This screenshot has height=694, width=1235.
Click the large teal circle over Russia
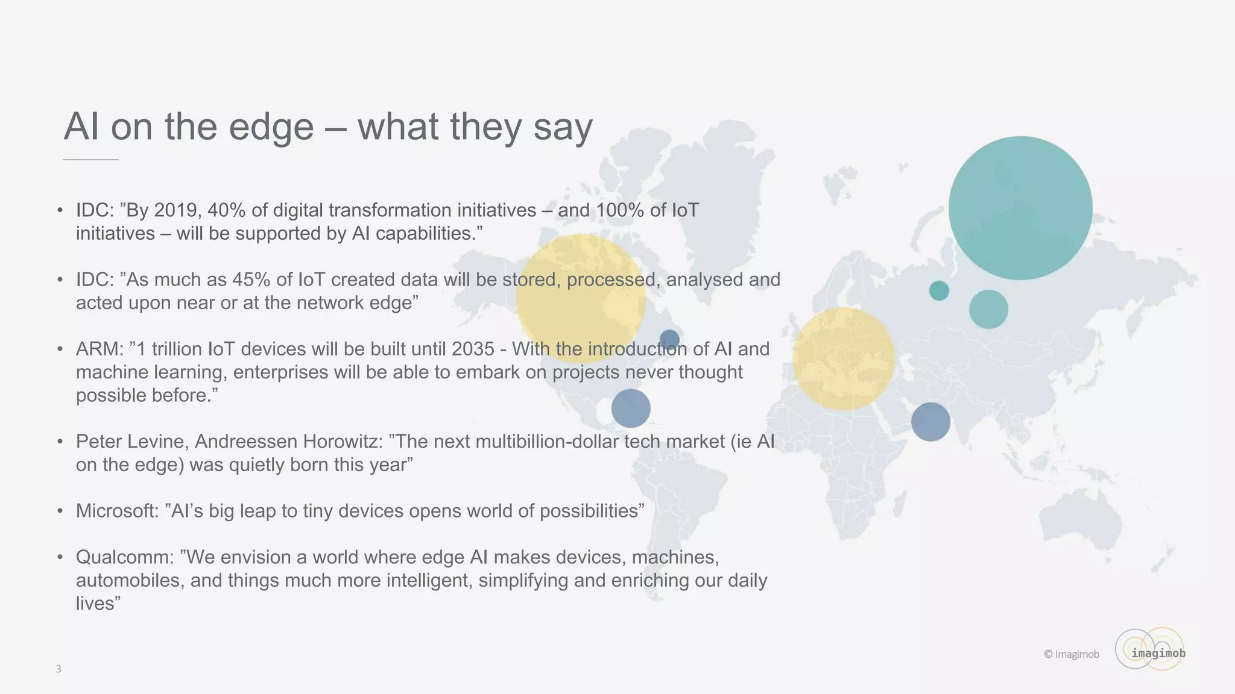point(1020,208)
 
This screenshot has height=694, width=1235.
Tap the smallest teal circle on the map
point(939,291)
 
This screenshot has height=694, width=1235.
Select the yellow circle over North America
point(581,298)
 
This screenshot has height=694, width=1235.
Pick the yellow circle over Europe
point(843,359)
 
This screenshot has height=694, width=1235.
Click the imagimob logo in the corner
point(1151,650)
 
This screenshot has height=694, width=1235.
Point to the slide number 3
point(58,669)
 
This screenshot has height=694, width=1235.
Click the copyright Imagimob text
point(1072,654)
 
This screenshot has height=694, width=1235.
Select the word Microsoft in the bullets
point(116,511)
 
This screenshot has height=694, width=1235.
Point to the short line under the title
point(90,160)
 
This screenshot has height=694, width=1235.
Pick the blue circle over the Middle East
point(930,422)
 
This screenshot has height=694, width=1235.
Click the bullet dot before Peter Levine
point(60,442)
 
